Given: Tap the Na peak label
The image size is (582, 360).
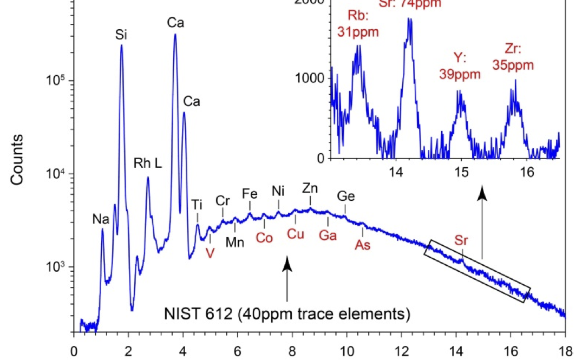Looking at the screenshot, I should [101, 219].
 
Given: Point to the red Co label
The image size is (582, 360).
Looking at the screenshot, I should [264, 237].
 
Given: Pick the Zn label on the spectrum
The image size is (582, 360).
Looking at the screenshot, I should [310, 188].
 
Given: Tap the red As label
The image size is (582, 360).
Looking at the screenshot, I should [362, 245].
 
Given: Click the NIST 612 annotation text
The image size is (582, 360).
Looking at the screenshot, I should [287, 313].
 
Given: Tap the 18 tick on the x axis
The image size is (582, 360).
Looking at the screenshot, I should [565, 350].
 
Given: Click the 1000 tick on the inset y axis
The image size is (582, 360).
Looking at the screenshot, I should [309, 78].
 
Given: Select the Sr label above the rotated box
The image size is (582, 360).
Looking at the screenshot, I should [461, 240].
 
